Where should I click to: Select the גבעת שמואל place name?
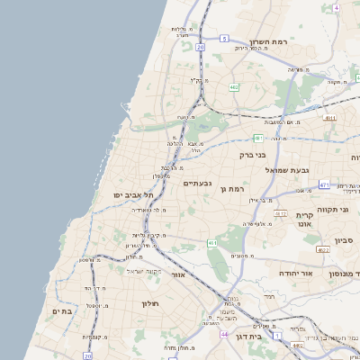(x=287, y=169)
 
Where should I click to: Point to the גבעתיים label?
(x=197, y=183)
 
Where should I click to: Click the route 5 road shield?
(x=225, y=39)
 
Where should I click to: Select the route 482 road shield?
(x=234, y=87)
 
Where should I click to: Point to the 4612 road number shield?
(x=280, y=213)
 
